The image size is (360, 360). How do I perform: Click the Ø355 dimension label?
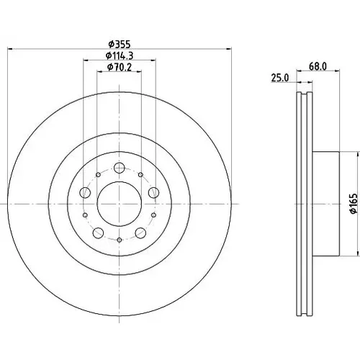pyautogui.click(x=120, y=44)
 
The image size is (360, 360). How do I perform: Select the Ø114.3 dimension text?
pyautogui.click(x=120, y=55)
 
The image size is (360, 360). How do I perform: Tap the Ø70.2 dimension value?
pyautogui.click(x=120, y=67)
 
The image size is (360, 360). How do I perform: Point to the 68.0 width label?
pyautogui.click(x=318, y=66)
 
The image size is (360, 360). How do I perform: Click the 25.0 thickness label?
pyautogui.click(x=280, y=78)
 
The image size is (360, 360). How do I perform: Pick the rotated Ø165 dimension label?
pyautogui.click(x=354, y=204)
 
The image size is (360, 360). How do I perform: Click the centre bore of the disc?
pyautogui.click(x=120, y=204)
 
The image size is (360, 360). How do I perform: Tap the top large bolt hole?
pyautogui.click(x=120, y=168)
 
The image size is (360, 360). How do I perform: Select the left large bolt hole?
pyautogui.click(x=85, y=192)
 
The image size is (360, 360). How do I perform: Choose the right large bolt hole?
pyautogui.click(x=153, y=192)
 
